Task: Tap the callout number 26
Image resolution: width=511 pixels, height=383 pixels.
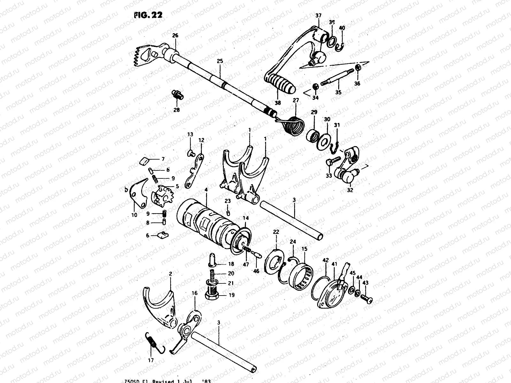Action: coord(175,36)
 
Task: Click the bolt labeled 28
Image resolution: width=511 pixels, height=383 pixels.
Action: coord(177,94)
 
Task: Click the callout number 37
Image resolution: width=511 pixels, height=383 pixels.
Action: coord(318,15)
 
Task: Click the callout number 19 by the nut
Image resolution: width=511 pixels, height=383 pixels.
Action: coord(232,295)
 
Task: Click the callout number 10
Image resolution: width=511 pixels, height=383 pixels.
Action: coord(134,215)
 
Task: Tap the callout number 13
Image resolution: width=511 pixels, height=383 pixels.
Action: coord(190,135)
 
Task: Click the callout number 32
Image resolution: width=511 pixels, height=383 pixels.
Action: coord(350,191)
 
